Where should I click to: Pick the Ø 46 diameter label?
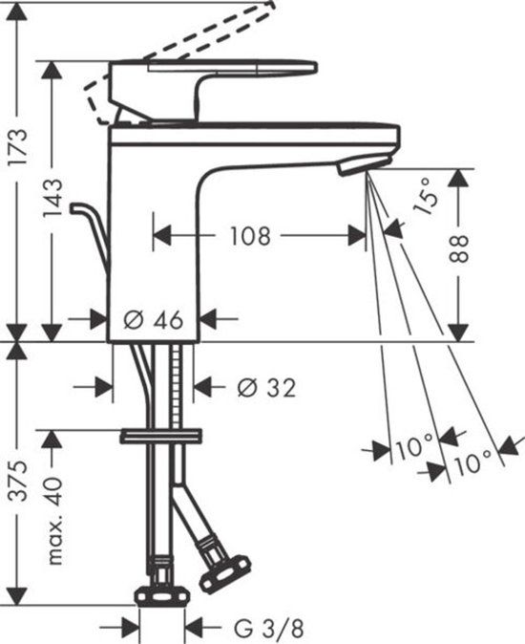pyautogui.click(x=154, y=318)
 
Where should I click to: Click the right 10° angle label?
pyautogui.click(x=474, y=465)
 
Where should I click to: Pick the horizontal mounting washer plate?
pyautogui.click(x=161, y=437)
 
